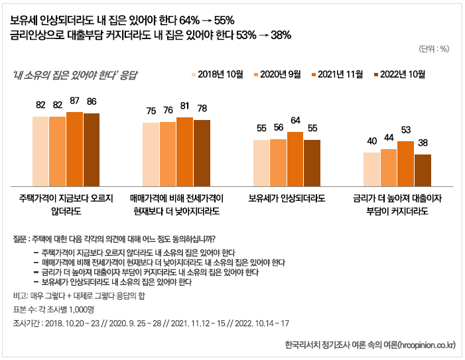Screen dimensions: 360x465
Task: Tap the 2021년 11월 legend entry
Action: [x=340, y=74]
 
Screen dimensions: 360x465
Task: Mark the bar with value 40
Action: [x=371, y=168]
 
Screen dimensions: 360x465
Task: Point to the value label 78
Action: [x=202, y=109]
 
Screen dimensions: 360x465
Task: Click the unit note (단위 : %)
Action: [x=434, y=49]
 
